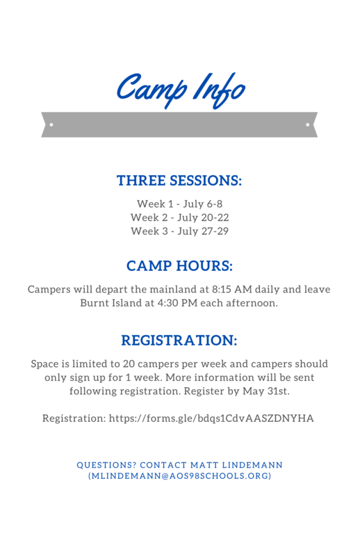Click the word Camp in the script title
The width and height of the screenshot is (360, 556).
[x=152, y=89]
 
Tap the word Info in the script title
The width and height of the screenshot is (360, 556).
[x=219, y=90]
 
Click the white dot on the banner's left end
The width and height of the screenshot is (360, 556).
[x=51, y=125]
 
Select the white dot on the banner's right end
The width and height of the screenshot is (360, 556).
[x=307, y=125]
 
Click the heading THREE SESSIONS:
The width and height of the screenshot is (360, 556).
[x=179, y=181]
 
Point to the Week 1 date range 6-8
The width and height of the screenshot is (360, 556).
[x=215, y=204]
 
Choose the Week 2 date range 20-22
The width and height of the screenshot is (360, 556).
[x=215, y=218]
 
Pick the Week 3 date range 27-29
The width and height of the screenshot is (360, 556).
[x=215, y=231]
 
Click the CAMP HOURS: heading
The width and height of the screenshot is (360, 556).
[x=179, y=266]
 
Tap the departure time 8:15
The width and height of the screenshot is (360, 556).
[x=221, y=289]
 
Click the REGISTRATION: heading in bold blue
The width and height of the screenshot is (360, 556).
[x=179, y=341]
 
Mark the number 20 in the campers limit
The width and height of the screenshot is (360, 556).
[x=129, y=364]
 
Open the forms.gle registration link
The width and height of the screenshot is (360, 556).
[x=211, y=419]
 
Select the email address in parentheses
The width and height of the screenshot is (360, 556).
[x=180, y=476]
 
